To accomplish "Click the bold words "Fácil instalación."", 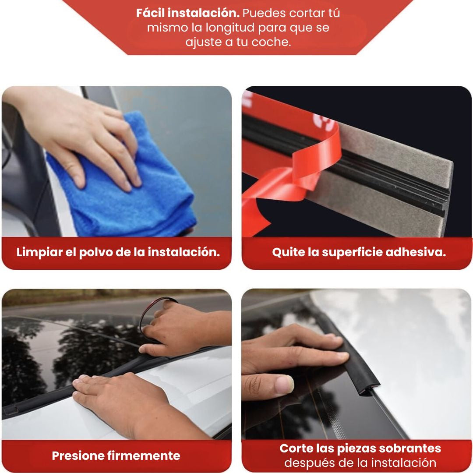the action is (x=187, y=13).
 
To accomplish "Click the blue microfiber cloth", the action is (x=121, y=181).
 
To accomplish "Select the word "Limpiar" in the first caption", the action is (x=39, y=252).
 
